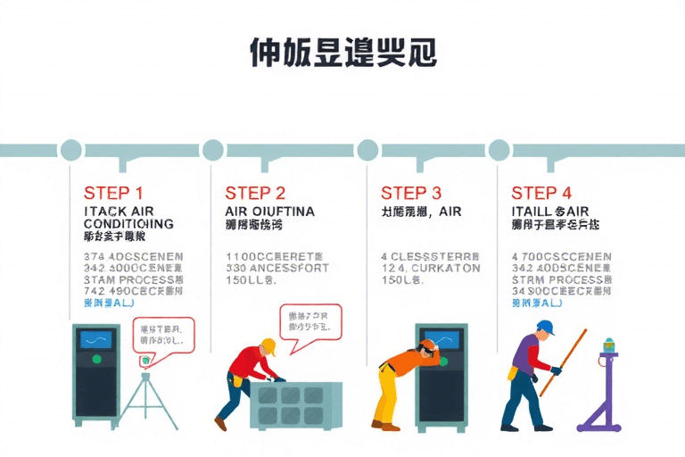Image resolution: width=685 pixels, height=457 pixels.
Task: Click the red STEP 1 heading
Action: (x=113, y=192)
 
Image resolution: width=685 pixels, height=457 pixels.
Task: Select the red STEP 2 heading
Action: (x=255, y=192)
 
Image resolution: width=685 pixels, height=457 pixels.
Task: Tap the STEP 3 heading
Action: (x=410, y=192)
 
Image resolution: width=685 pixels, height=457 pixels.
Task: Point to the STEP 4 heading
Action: (x=541, y=192)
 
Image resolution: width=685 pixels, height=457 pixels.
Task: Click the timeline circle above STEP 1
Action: (x=70, y=149)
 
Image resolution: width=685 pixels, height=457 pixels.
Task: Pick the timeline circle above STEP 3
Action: (x=367, y=149)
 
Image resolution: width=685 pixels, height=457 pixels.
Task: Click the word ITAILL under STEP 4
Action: (x=532, y=212)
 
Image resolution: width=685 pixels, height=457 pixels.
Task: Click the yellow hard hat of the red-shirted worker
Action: (x=268, y=345)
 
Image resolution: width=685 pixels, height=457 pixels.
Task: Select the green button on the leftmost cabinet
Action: (x=96, y=359)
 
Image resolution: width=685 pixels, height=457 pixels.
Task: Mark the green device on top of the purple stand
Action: (x=610, y=345)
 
